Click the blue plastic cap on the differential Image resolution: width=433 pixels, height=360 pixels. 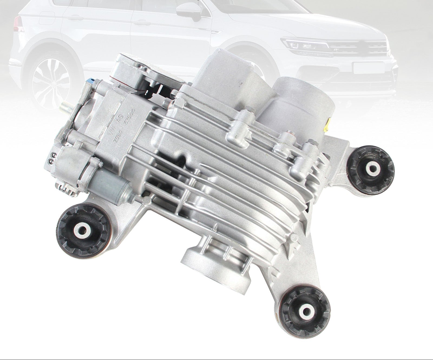tap(90, 81)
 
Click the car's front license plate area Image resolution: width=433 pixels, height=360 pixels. tap(368, 68)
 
